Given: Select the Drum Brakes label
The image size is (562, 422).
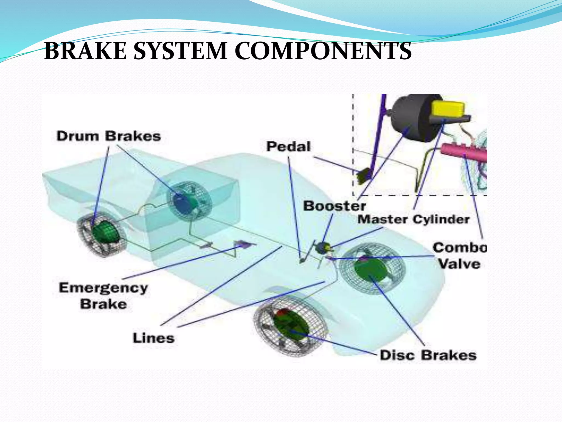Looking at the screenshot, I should [109, 136].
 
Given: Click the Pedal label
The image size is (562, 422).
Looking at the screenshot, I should [288, 146].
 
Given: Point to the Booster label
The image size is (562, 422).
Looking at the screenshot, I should [334, 206].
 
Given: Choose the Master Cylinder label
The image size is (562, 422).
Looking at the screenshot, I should [414, 220].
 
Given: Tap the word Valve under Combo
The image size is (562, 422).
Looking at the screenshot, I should [459, 264].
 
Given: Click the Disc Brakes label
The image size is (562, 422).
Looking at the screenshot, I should [428, 355].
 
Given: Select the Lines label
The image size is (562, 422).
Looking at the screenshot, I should [154, 338].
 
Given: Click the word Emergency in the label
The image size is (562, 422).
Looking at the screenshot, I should [103, 288].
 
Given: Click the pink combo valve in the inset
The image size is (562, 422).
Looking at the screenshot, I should [464, 152].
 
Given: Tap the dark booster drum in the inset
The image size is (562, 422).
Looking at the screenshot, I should [409, 118].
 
